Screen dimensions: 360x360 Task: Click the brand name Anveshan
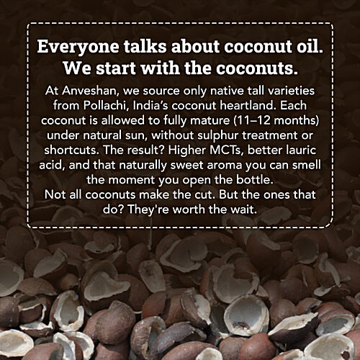(79, 93)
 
